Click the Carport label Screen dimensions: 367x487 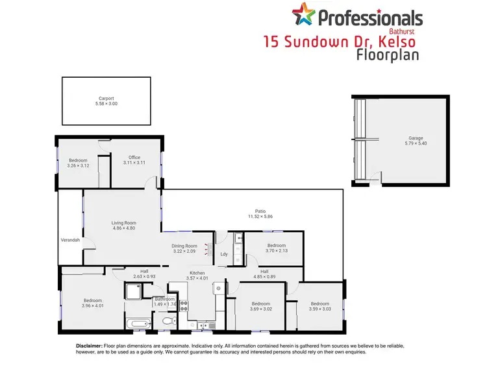pyautogui.click(x=106, y=99)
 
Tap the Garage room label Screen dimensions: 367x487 pyautogui.click(x=416, y=138)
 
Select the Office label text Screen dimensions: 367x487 pyautogui.click(x=134, y=158)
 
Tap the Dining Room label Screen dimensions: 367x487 pyautogui.click(x=184, y=246)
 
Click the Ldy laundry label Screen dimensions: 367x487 pyautogui.click(x=224, y=254)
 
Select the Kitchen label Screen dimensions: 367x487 pyautogui.click(x=197, y=273)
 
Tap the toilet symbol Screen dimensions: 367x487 pyautogui.click(x=168, y=321)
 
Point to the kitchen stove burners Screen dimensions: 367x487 pyautogui.click(x=183, y=305)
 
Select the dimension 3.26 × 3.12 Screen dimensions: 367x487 pyautogui.click(x=77, y=166)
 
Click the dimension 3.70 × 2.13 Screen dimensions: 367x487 pyautogui.click(x=276, y=251)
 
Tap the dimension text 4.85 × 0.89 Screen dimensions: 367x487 pyautogui.click(x=265, y=278)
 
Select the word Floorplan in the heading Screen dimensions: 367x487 pyautogui.click(x=387, y=54)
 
